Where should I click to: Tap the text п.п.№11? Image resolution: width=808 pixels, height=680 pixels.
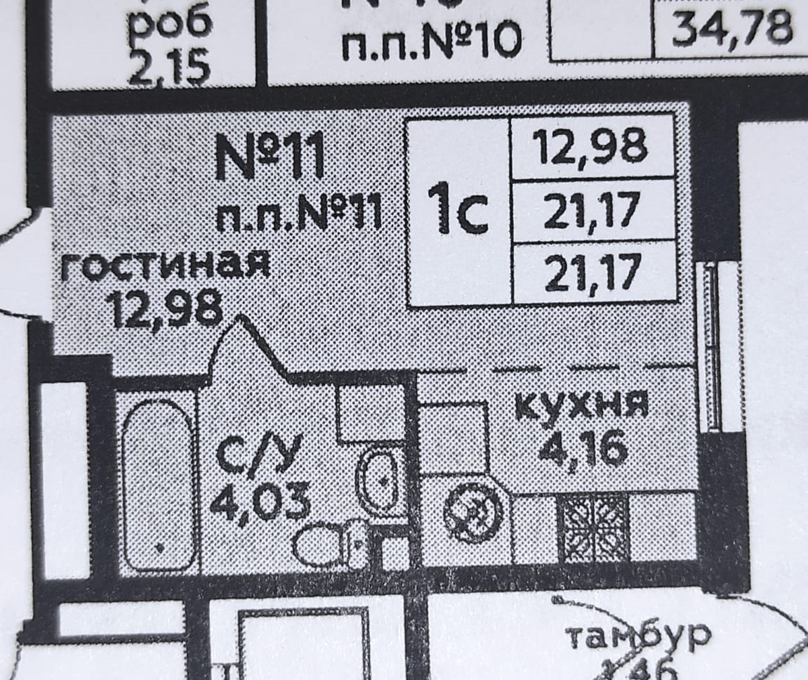(x=299, y=213)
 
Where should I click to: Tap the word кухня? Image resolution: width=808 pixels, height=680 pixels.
(x=580, y=407)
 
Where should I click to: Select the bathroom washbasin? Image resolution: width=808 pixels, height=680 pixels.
(x=378, y=481)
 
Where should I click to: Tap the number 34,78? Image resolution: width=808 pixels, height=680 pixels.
(x=732, y=28)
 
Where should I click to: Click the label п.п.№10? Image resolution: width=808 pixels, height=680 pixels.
(x=431, y=42)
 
